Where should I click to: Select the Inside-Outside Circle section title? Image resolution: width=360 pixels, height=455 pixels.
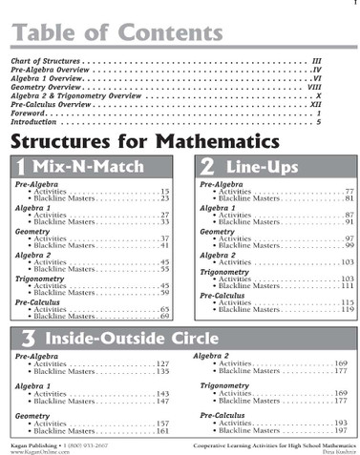130,340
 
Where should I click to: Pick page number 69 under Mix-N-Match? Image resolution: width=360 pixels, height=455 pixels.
164,316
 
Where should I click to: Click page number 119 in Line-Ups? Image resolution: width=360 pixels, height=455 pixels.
348,310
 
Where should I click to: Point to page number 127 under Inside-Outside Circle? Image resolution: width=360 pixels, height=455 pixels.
162,364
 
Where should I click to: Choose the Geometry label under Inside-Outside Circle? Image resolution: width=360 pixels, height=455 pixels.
32,416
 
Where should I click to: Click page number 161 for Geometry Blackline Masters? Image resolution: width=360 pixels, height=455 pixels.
162,431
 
